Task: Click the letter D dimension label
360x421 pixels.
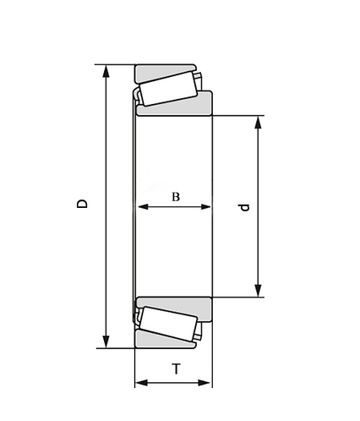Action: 82,204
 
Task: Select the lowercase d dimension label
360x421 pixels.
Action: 245,206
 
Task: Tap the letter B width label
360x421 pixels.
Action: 176,197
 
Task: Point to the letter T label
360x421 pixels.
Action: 175,369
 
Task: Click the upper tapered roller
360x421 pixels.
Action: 168,89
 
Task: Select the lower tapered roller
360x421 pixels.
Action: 168,324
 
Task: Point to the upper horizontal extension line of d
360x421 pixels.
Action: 241,115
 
